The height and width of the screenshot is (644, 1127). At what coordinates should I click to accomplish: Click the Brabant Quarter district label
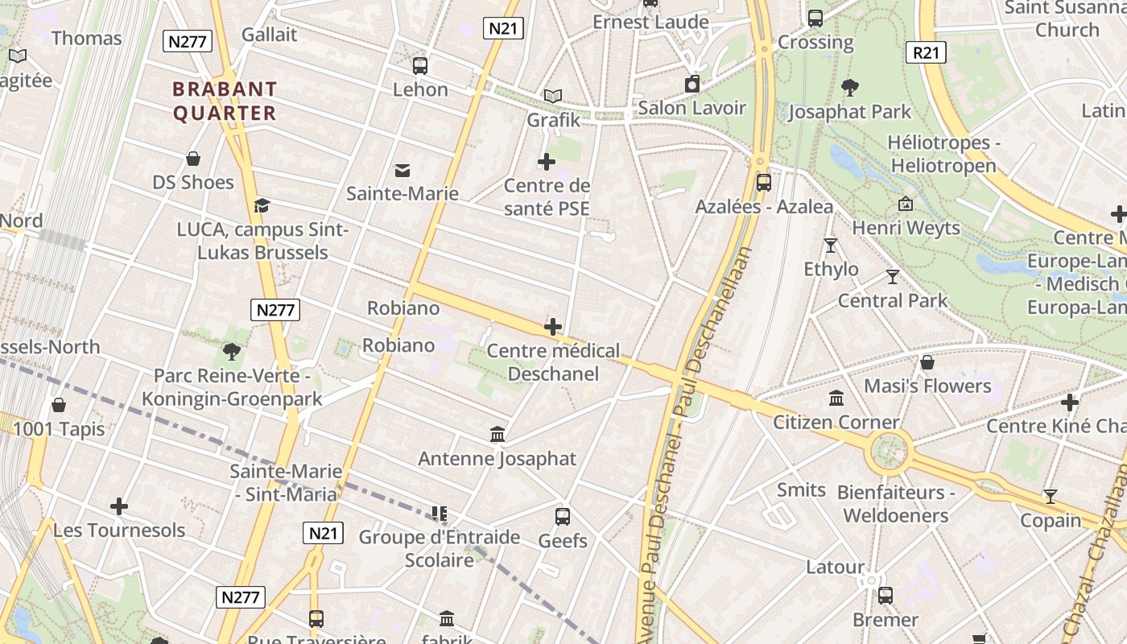tap(225, 101)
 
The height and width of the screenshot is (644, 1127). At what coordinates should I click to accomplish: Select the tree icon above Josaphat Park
tap(849, 88)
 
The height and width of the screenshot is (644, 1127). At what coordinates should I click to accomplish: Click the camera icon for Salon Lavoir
tap(692, 84)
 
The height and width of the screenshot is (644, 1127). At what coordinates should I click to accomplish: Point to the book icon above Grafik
tap(552, 97)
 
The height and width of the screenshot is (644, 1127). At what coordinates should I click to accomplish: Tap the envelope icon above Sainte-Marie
tap(402, 170)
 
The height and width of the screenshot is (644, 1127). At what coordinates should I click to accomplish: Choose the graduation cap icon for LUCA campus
tap(262, 206)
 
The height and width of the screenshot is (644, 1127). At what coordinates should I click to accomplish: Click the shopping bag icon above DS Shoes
tap(193, 159)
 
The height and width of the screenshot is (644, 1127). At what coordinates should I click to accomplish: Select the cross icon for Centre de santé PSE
tap(547, 162)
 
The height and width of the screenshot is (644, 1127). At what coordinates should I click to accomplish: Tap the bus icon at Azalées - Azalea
tap(763, 183)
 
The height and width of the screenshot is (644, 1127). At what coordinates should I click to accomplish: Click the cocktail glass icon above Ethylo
tap(831, 245)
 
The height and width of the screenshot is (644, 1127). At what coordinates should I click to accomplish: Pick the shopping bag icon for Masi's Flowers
tap(927, 362)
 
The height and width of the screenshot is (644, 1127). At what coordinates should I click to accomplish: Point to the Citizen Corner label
tap(836, 422)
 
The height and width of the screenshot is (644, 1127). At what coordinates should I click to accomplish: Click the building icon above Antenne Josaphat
tap(497, 435)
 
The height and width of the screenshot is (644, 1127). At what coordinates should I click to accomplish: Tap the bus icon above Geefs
tap(563, 517)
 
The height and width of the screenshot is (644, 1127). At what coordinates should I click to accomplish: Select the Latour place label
tap(835, 567)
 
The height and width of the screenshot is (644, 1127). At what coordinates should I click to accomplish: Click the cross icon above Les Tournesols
tap(119, 506)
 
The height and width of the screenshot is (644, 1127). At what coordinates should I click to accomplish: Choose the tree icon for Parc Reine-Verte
tap(232, 351)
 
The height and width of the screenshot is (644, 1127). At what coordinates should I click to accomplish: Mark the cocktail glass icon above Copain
tap(1051, 496)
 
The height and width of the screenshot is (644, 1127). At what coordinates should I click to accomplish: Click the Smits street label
tap(801, 489)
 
